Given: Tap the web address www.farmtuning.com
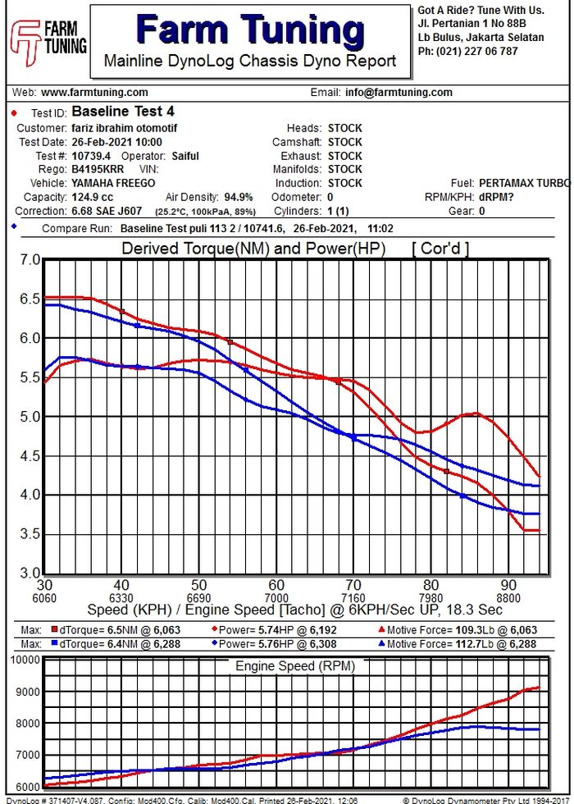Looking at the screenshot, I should click(94, 93).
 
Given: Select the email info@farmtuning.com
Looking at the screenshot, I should click(399, 93).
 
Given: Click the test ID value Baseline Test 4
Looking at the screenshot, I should click(123, 112).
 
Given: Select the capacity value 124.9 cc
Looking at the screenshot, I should click(93, 198).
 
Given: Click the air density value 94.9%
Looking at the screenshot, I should click(239, 198).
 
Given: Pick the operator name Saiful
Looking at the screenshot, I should click(185, 156).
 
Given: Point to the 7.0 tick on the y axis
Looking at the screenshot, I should click(30, 260).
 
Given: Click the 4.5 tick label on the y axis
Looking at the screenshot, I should click(30, 456).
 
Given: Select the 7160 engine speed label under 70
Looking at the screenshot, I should click(353, 598).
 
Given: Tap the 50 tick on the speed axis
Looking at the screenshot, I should click(199, 585).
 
